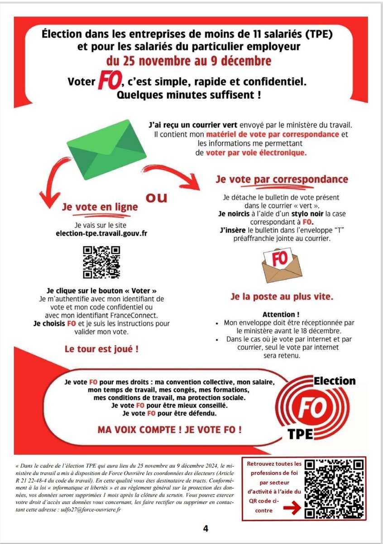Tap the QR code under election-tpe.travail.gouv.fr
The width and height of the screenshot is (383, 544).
point(101,262)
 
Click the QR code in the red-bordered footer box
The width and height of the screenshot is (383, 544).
point(335,488)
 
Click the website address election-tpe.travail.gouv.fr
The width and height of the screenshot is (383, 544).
point(101,234)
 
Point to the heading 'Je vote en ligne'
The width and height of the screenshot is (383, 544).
point(101,206)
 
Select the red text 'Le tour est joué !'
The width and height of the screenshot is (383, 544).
point(101,350)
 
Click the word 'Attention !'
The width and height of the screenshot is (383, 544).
point(281,314)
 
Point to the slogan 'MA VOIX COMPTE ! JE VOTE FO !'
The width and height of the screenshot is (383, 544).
point(169,428)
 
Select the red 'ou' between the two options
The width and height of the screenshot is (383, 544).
point(157,198)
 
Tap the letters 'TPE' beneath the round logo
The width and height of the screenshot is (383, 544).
point(300,433)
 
